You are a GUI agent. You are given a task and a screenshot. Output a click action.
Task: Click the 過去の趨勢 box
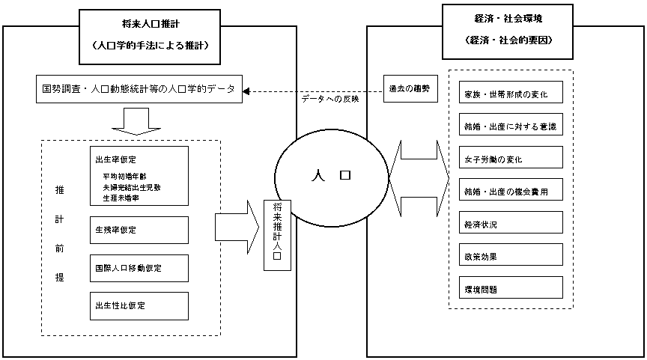coord(409,89)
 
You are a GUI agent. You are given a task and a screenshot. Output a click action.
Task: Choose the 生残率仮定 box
coord(138,230)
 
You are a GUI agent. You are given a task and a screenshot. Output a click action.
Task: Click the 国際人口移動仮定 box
coord(138,267)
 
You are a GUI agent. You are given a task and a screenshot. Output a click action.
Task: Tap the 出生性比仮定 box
coord(138,305)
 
